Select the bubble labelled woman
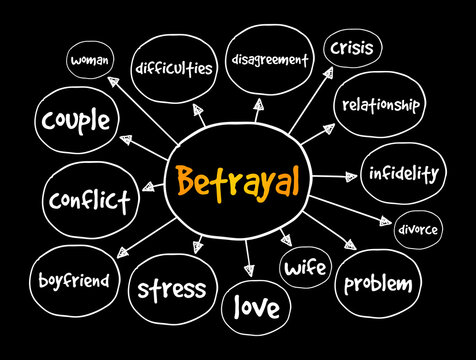95,61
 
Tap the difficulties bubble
176,68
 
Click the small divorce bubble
416,229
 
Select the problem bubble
377,284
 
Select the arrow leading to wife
283,235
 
